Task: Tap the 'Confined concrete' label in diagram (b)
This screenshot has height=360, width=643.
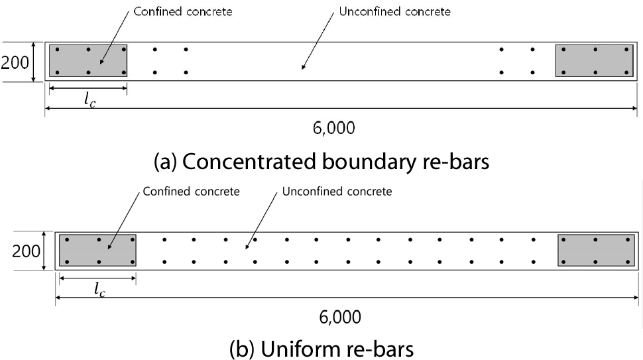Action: pyautogui.click(x=191, y=192)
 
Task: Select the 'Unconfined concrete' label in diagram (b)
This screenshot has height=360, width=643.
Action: pyautogui.click(x=337, y=192)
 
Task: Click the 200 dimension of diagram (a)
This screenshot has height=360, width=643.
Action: pyautogui.click(x=15, y=63)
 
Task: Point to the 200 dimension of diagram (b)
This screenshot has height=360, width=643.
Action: pyautogui.click(x=27, y=251)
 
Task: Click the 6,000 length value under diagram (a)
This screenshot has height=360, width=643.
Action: pyautogui.click(x=333, y=128)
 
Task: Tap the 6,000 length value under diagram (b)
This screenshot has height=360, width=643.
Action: pyautogui.click(x=340, y=318)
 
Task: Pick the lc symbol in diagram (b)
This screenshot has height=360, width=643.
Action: pyautogui.click(x=98, y=289)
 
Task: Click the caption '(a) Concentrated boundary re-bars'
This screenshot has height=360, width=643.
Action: pyautogui.click(x=321, y=161)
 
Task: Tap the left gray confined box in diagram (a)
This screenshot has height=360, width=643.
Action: pyautogui.click(x=88, y=61)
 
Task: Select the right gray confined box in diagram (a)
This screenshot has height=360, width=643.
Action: pyautogui.click(x=594, y=61)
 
